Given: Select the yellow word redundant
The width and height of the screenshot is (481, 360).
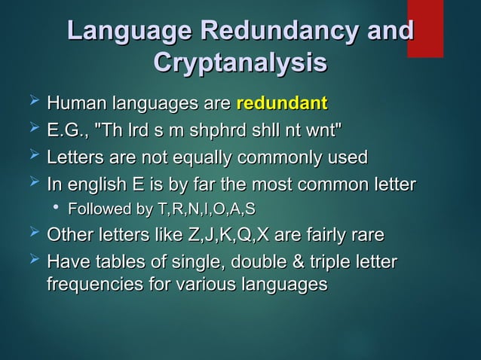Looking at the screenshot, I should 281,102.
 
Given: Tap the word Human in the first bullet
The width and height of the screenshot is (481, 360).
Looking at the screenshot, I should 77,102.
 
